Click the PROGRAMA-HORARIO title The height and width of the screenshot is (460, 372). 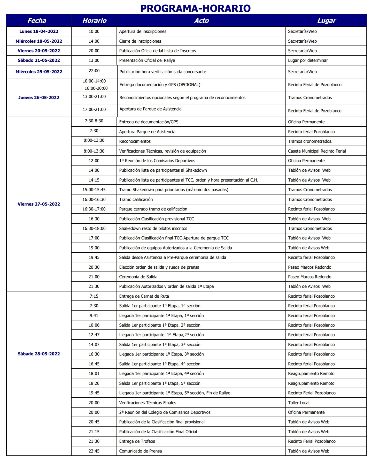pos(195,8)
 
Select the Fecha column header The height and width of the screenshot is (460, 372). pos(37,20)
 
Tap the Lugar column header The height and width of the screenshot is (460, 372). pos(327,20)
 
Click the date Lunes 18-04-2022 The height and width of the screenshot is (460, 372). pos(39,31)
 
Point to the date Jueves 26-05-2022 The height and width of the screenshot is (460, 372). pos(39,97)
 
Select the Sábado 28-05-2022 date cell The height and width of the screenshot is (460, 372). pos(39,354)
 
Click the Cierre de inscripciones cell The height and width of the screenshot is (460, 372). pos(140,41)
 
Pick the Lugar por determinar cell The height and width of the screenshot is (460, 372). pos(308,60)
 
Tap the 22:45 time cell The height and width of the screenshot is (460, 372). pos(94,451)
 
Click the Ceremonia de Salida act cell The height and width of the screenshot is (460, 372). pos(138,277)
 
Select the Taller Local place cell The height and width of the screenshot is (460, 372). pos(298,403)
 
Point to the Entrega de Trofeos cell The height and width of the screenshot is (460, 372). pos(137,441)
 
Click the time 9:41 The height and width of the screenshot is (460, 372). pos(94,315)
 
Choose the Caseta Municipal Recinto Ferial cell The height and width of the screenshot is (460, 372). pos(317,151)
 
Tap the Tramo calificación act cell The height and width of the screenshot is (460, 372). pos(136,199)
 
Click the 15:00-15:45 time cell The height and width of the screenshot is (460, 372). pos(94,190)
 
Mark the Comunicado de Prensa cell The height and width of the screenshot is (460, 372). pos(140,451)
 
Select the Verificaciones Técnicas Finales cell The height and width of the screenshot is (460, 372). pos(148,403)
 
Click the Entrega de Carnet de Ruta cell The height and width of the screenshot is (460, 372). pos(144,296)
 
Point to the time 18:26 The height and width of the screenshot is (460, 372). pos(94,383)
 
